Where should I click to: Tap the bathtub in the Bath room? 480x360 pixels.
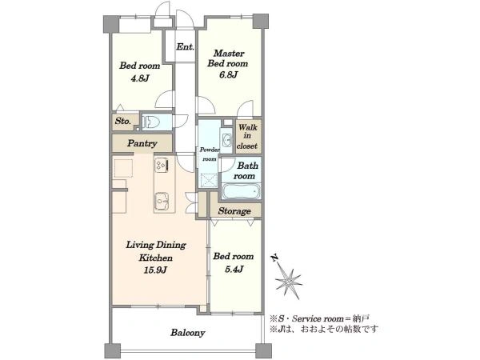242,191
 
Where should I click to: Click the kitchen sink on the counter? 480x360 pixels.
162,200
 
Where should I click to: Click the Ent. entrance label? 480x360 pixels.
186,47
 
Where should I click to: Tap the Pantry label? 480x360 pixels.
142,143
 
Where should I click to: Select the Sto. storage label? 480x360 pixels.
123,121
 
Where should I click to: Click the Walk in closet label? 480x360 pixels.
247,136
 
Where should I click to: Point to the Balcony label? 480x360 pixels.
188,333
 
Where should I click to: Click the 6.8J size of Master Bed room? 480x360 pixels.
228,74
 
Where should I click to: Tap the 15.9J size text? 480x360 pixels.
155,270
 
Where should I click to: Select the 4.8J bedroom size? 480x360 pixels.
140,78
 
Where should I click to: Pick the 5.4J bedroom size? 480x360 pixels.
234,269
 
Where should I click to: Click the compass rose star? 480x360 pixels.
288,282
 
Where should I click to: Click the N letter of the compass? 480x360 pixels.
274,258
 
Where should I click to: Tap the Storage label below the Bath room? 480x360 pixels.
234,211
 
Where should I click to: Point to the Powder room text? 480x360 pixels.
210,154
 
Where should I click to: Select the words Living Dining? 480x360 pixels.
156,245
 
